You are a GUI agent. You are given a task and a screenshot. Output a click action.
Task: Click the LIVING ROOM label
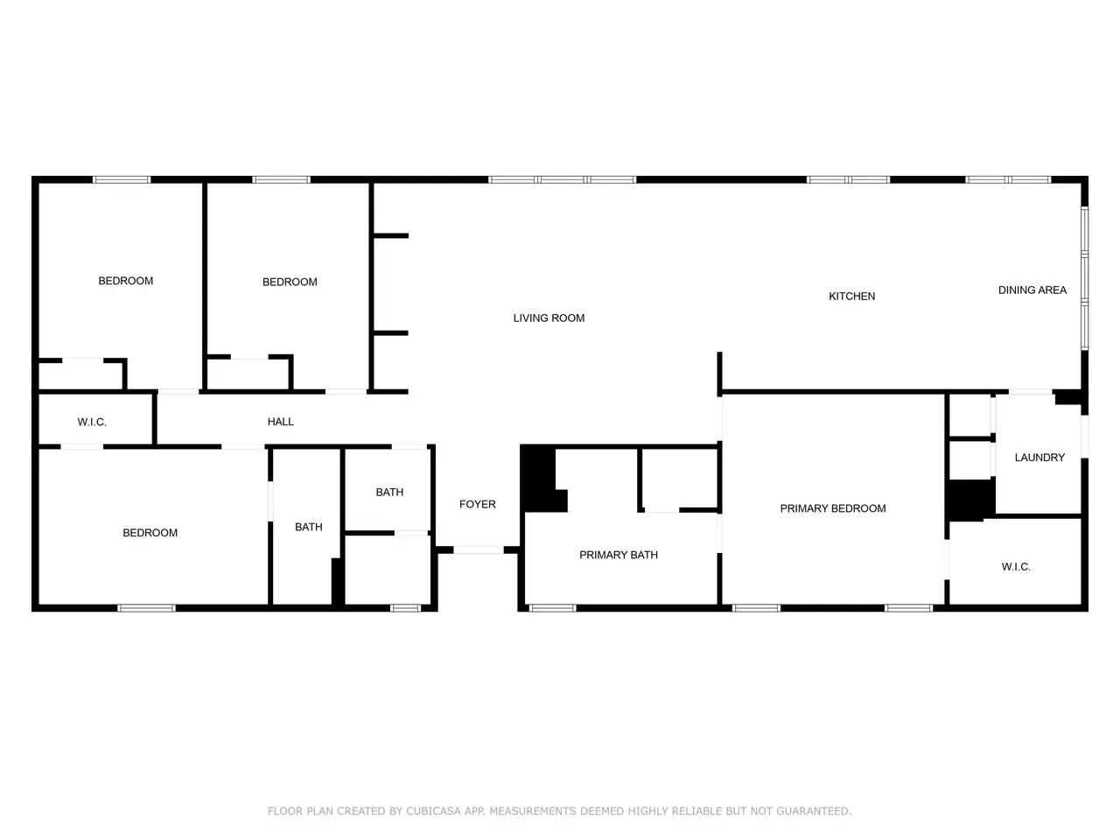549,318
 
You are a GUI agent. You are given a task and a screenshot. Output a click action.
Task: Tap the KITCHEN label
851,297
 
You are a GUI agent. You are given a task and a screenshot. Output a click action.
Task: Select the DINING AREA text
1032,290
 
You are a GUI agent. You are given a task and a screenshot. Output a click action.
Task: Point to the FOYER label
477,504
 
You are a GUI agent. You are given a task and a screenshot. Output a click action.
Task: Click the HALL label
280,422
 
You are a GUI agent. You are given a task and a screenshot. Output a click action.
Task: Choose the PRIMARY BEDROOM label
833,508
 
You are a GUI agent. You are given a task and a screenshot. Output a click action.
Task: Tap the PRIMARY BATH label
619,555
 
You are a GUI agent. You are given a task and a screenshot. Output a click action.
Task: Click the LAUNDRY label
1039,458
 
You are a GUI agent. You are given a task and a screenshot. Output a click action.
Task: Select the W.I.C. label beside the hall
92,423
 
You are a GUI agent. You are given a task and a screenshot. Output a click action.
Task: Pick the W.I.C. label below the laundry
1016,567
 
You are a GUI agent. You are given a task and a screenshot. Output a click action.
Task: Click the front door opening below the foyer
478,549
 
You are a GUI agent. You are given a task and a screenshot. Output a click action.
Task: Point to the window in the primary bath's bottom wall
553,608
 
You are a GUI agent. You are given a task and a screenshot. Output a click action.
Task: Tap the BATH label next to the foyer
389,492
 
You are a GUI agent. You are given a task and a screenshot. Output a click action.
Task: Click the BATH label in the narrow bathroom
308,527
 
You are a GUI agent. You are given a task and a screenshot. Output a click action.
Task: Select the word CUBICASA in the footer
433,811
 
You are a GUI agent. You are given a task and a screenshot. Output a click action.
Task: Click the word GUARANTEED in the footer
814,811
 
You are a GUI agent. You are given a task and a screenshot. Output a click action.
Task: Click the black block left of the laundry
971,500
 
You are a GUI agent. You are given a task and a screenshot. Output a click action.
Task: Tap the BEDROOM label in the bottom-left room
150,533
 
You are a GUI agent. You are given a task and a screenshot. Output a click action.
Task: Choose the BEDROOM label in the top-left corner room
125,281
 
